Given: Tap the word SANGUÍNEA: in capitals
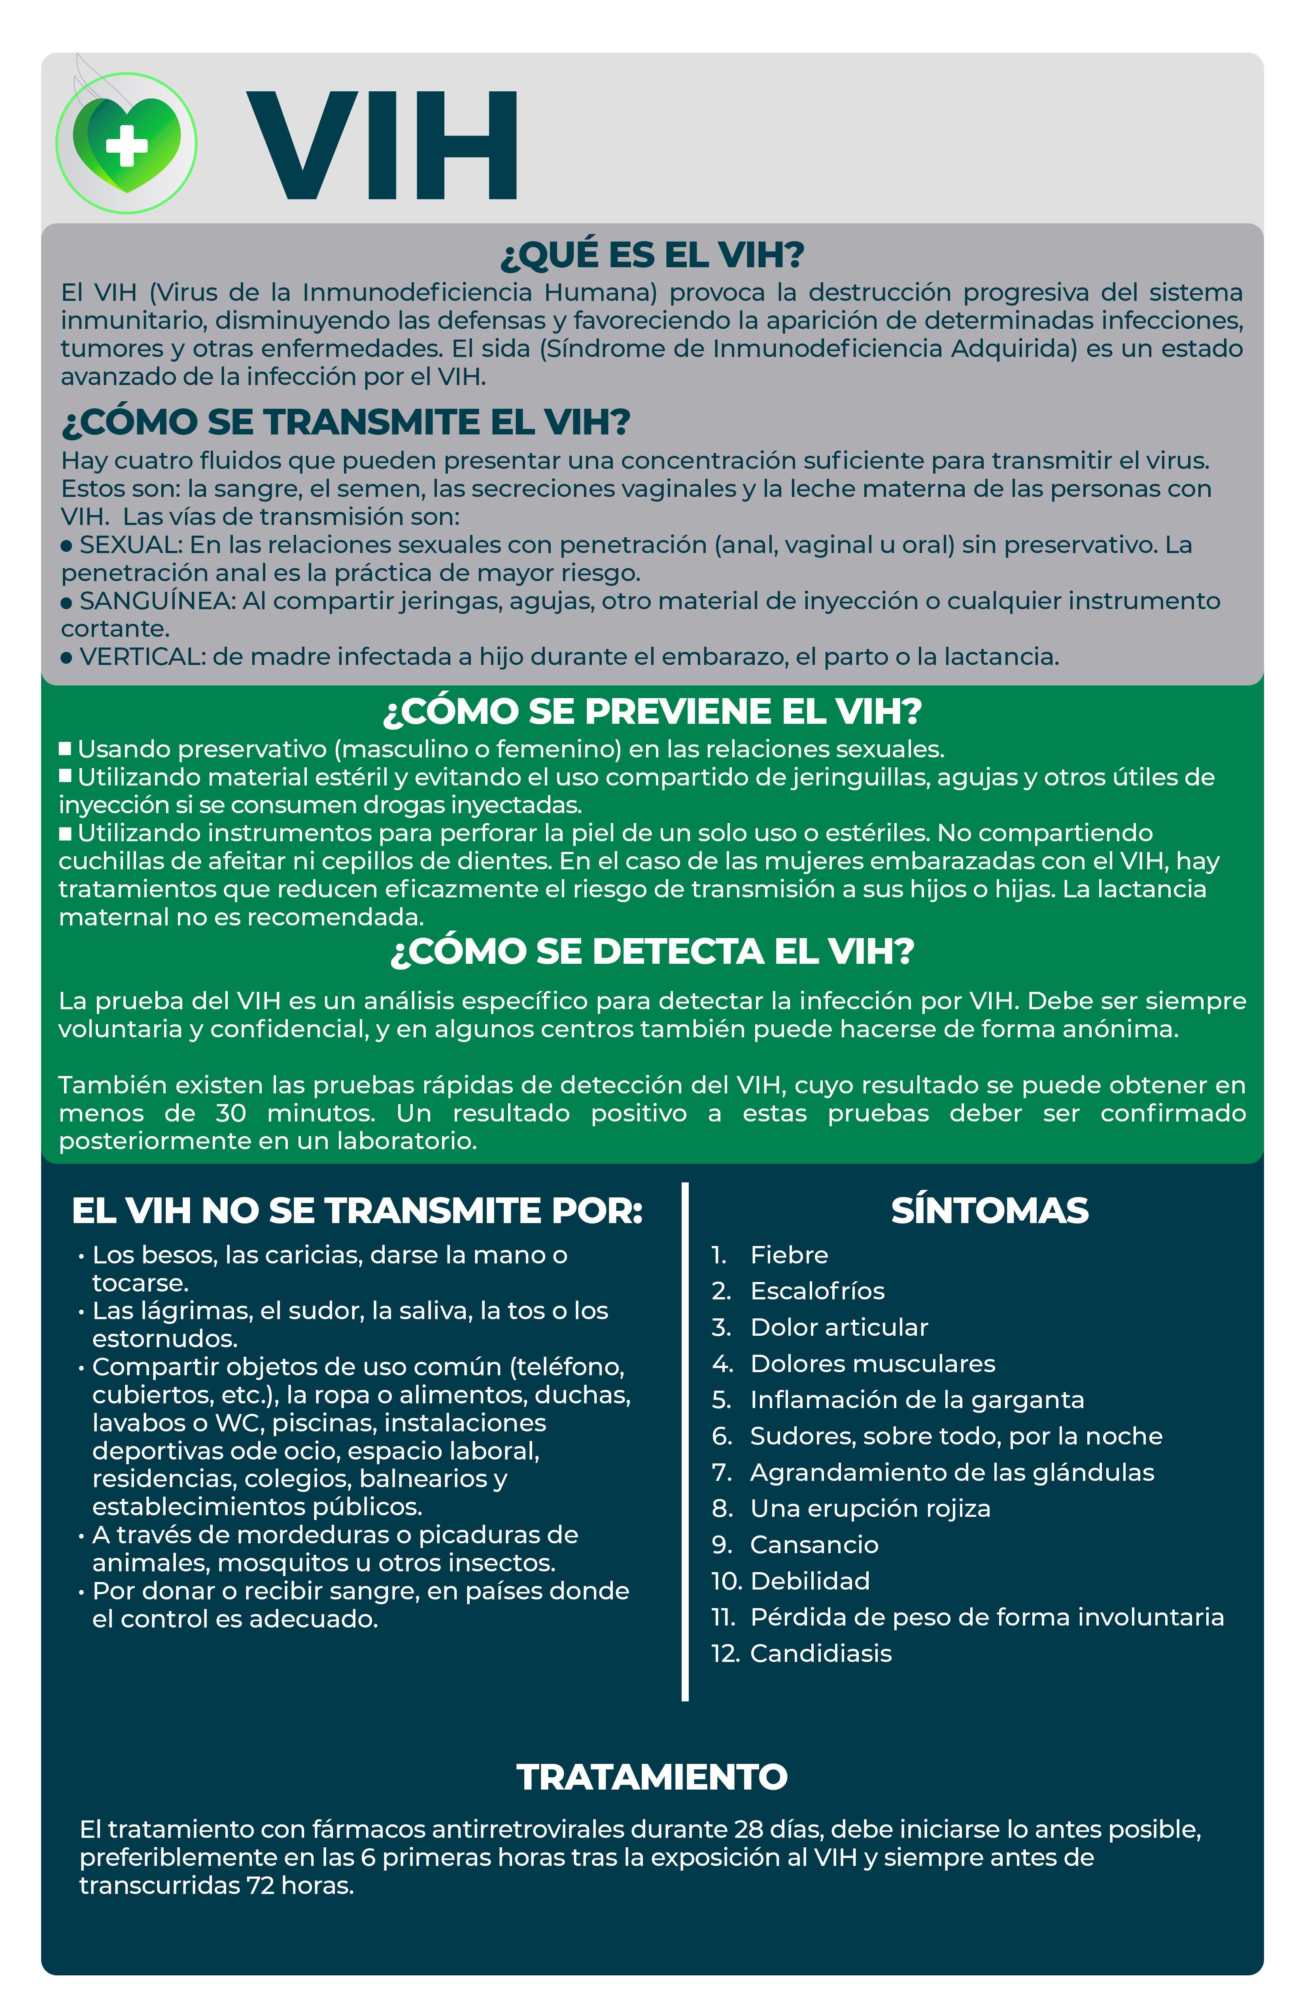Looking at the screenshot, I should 157,601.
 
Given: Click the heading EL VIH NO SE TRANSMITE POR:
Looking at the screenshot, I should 357,1211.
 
